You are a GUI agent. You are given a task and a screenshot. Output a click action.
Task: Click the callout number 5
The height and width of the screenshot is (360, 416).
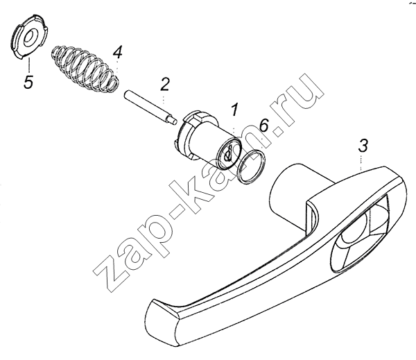[x=28, y=82]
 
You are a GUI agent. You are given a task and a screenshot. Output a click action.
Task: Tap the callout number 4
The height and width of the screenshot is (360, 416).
[x=117, y=52]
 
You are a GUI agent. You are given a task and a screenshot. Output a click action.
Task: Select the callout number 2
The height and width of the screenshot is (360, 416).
[x=164, y=85]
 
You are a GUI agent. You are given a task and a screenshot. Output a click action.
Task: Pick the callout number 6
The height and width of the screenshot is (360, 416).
[x=264, y=125]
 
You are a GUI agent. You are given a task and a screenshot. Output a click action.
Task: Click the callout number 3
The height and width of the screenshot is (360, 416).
[x=363, y=146]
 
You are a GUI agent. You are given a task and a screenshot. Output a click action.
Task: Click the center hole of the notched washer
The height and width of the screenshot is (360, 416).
[x=29, y=37]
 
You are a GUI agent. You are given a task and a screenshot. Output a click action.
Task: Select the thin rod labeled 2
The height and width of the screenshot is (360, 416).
[x=150, y=108]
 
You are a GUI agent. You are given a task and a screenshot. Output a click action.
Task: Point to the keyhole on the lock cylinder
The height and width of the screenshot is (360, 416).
[x=228, y=155]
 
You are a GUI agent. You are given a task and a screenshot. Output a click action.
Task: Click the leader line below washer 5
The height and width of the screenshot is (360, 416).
[x=28, y=65]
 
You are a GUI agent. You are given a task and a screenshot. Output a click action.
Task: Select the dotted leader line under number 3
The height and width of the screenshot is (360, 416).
[x=361, y=163]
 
